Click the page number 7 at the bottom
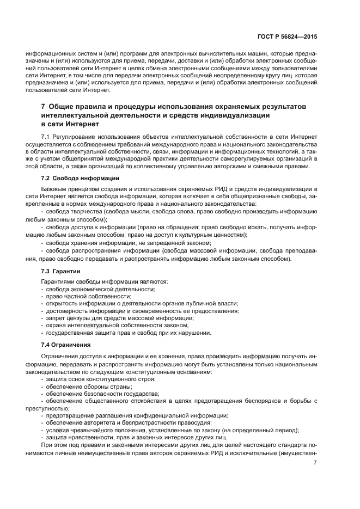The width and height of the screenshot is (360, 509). tap(315, 463)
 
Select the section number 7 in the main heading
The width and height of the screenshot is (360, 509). tap(44, 105)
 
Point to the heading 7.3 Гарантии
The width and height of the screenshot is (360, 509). tap(60, 271)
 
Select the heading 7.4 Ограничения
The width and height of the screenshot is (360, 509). tap(65, 345)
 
